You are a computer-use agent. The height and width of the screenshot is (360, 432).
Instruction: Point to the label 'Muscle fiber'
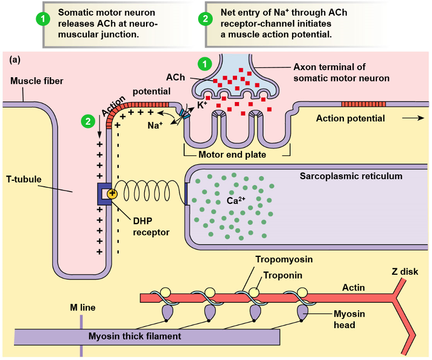[37, 81]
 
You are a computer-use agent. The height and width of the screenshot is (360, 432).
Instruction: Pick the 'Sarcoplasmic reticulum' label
[351, 176]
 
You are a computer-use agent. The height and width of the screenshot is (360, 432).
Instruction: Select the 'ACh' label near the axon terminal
[175, 78]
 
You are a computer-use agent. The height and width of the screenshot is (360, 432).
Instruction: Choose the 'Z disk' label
[405, 271]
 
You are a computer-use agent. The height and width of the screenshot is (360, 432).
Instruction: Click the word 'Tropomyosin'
[284, 260]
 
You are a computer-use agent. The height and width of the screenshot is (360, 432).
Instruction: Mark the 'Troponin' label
[282, 275]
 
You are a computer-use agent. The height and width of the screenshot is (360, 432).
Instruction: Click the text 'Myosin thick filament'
[134, 336]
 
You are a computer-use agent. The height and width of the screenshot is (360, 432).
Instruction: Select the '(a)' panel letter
[15, 60]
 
